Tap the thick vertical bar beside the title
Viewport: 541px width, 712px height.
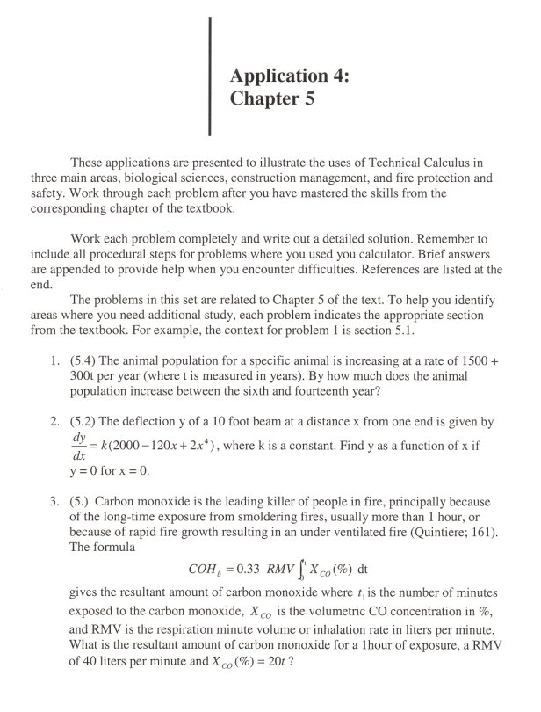tap(211, 76)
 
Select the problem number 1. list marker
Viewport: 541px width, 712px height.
tap(54, 360)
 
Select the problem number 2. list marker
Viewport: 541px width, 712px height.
tap(54, 416)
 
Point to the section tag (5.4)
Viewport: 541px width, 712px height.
tap(86, 360)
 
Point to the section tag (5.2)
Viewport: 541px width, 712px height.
tap(86, 416)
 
